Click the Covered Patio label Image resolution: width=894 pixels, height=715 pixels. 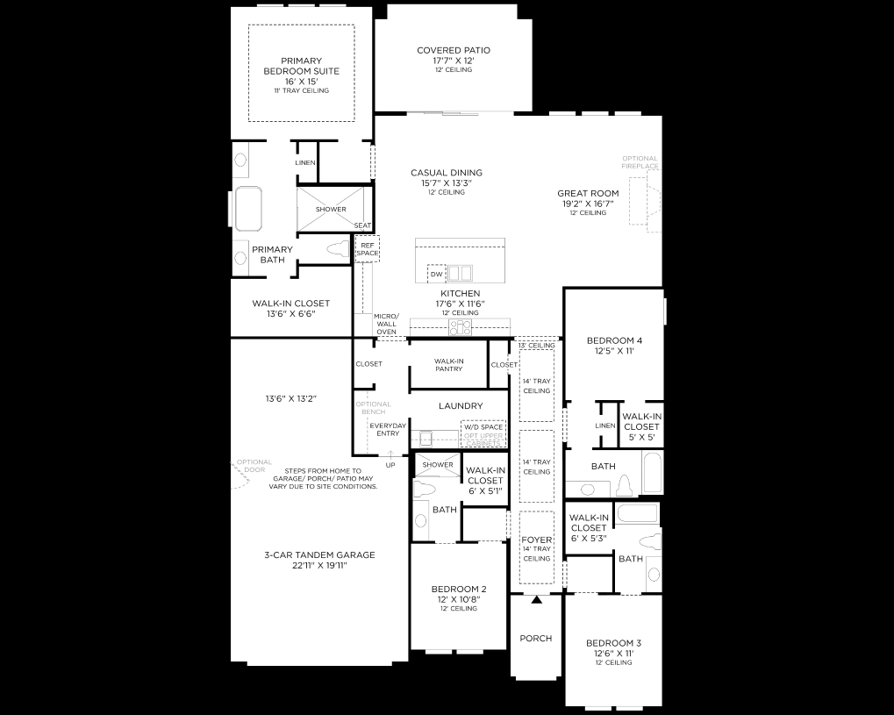pyautogui.click(x=454, y=51)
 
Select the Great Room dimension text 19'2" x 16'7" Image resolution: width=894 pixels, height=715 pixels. pyautogui.click(x=588, y=204)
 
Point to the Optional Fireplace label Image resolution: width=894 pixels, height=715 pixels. pyautogui.click(x=640, y=162)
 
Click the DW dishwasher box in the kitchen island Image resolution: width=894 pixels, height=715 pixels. pyautogui.click(x=436, y=275)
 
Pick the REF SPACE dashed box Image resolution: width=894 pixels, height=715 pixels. pyautogui.click(x=368, y=250)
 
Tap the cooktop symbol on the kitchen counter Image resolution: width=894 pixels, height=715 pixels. pyautogui.click(x=460, y=327)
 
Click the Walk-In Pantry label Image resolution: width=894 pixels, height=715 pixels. pyautogui.click(x=448, y=364)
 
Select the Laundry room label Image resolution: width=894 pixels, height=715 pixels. pyautogui.click(x=461, y=406)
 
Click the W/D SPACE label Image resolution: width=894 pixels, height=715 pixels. pyautogui.click(x=483, y=427)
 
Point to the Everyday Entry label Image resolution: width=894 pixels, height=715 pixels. pyautogui.click(x=388, y=429)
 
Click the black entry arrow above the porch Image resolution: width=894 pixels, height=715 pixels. pyautogui.click(x=536, y=600)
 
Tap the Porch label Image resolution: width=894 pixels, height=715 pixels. pyautogui.click(x=535, y=639)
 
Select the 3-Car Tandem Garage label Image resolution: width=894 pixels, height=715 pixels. pyautogui.click(x=319, y=554)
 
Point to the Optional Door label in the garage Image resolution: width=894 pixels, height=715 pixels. pyautogui.click(x=254, y=466)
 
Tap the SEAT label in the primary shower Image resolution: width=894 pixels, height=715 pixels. pyautogui.click(x=362, y=225)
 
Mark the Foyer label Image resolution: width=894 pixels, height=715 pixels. pyautogui.click(x=535, y=540)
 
